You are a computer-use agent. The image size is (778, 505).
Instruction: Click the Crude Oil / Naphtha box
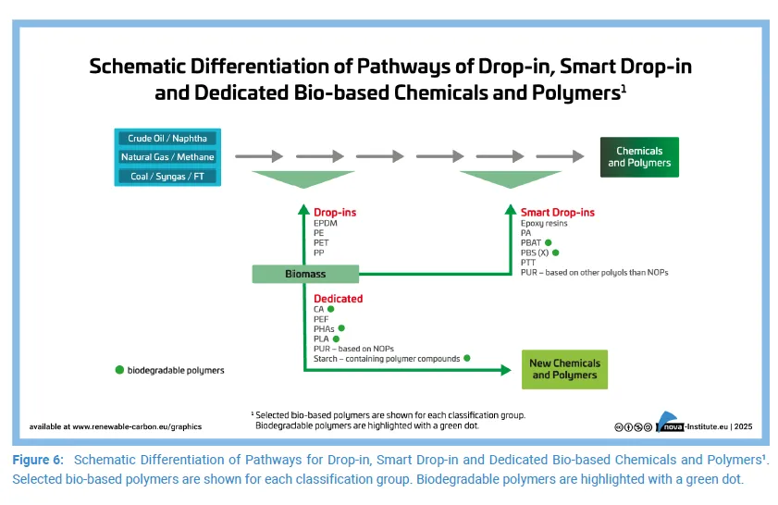[x=167, y=139]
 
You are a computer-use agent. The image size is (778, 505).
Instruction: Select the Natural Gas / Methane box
[x=167, y=157]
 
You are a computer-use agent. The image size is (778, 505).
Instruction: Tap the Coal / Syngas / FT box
[x=167, y=176]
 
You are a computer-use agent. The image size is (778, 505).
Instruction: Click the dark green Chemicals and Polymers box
[x=639, y=157]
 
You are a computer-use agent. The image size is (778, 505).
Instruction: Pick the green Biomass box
[x=303, y=274]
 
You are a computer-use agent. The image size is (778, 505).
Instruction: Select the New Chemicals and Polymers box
[x=564, y=369]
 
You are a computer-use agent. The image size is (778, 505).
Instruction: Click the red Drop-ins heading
[x=335, y=213]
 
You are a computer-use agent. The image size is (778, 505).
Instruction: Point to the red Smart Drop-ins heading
[x=557, y=213]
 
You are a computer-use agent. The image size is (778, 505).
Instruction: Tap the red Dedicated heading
[x=338, y=299]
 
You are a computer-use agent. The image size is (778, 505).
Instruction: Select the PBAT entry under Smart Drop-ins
[x=531, y=243]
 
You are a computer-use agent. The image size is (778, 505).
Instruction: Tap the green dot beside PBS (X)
[x=556, y=252]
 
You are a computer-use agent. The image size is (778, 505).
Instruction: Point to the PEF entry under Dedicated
[x=321, y=319]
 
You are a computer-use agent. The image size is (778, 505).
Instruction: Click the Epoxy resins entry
[x=544, y=224]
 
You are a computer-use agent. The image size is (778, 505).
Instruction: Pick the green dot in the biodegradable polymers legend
[x=119, y=370]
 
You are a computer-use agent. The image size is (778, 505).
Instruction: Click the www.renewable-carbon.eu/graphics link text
[x=136, y=426]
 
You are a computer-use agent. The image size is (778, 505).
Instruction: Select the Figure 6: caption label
[x=38, y=460]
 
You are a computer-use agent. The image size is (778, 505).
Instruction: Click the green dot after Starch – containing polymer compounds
[x=467, y=358]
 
